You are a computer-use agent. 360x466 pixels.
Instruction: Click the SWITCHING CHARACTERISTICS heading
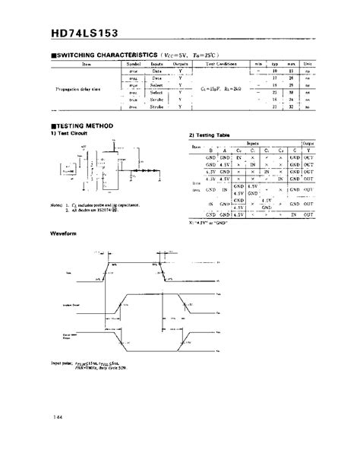[106, 55]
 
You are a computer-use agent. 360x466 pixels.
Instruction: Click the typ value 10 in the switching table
[276, 71]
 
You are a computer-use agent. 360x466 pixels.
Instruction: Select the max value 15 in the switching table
[292, 71]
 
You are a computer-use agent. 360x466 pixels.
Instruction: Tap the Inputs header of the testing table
[251, 143]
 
